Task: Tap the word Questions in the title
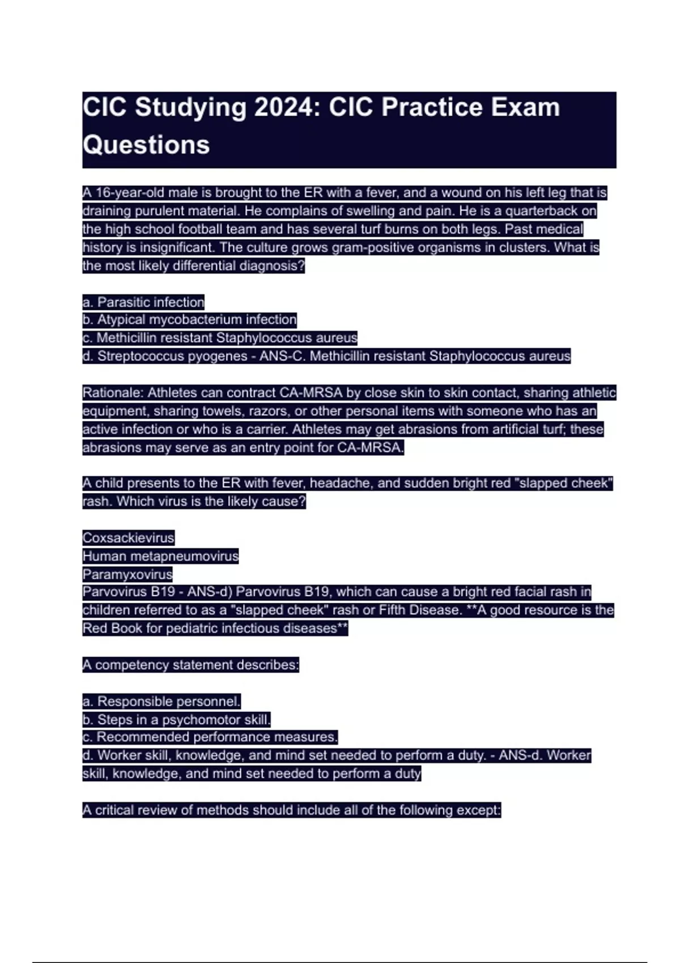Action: coord(146,145)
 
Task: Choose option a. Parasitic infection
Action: coord(143,302)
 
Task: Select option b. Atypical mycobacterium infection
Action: coord(189,320)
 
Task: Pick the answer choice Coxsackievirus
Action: coord(128,538)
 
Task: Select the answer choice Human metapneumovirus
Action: coord(160,556)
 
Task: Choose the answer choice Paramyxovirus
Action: coord(127,574)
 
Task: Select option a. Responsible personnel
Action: coord(161,701)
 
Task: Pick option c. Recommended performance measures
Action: coord(210,737)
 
